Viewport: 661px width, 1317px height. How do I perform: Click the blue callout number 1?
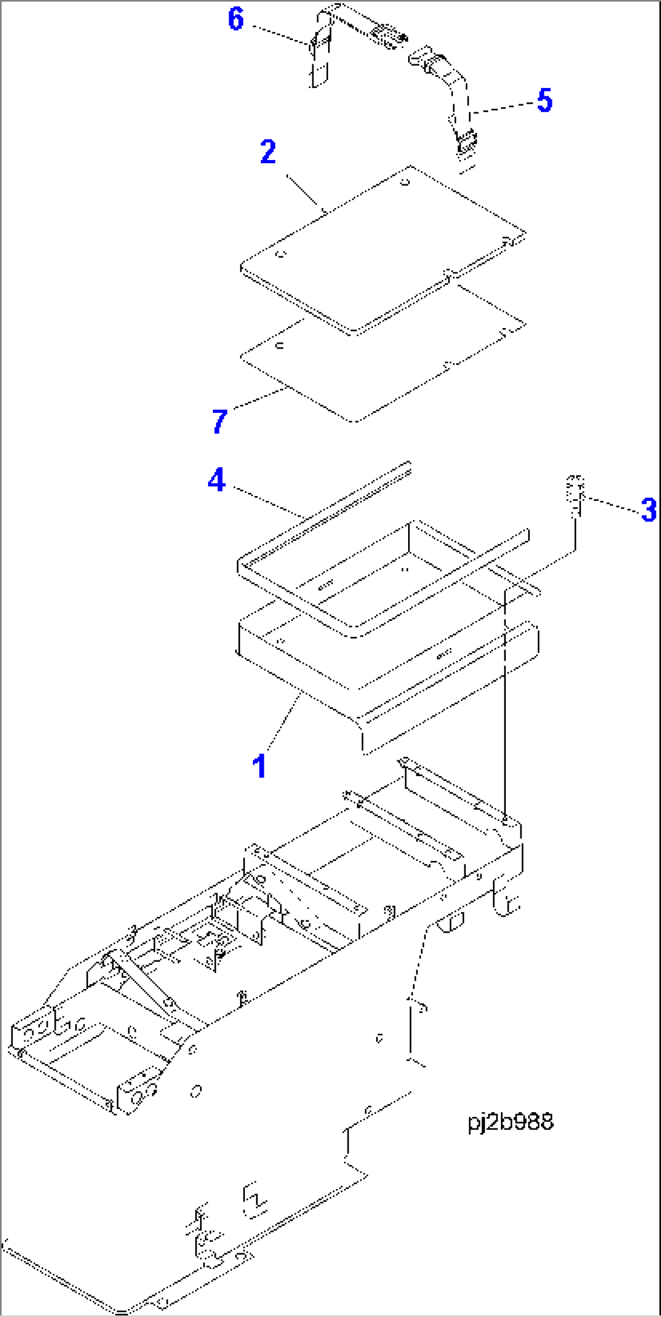(x=260, y=766)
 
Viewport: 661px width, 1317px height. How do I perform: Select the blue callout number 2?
(x=268, y=152)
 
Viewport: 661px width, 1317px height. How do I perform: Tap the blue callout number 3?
(x=648, y=509)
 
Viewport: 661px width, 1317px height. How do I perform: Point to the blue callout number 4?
(x=216, y=480)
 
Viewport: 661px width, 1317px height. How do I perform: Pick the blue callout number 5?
(x=545, y=100)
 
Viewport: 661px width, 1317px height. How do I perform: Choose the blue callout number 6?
(x=236, y=19)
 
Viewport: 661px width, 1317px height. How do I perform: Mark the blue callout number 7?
(x=220, y=421)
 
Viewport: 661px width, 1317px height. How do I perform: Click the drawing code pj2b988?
(x=511, y=1121)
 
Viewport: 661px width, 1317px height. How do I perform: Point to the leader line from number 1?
(x=283, y=725)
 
